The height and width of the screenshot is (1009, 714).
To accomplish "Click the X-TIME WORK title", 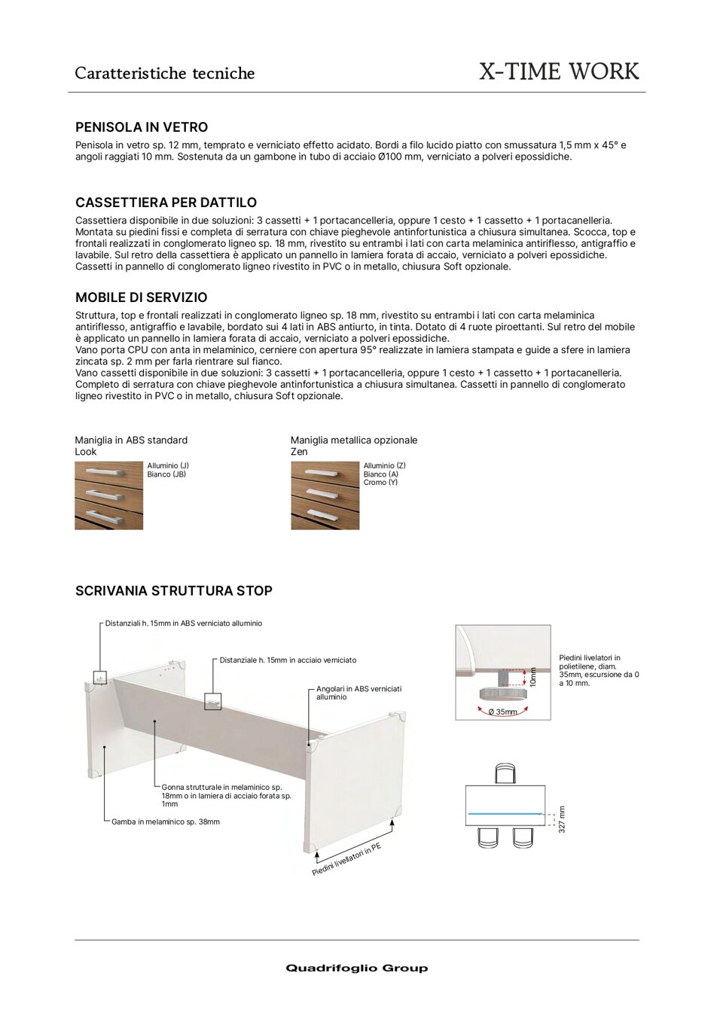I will coord(559,72).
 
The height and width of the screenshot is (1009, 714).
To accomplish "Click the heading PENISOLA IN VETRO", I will coord(142,127).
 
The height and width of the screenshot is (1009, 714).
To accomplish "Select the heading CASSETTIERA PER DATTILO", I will coord(166,203).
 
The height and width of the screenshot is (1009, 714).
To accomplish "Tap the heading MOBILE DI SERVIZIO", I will coord(142,297).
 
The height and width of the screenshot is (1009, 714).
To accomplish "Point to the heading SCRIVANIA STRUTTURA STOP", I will coord(174,591).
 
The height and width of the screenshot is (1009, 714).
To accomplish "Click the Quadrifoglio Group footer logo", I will coord(356,968).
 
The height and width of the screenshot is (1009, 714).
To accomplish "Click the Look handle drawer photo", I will coord(108,495).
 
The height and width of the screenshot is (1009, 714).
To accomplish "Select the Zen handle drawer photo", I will coord(325,495).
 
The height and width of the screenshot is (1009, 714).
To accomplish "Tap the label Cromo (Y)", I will coord(380,483).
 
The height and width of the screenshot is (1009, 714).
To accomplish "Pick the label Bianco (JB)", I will coord(166,474).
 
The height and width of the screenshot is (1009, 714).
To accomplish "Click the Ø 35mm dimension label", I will coord(502,712).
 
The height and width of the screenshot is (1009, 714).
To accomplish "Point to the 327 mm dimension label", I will coord(562,819).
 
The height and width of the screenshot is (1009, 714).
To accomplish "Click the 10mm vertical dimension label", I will coord(533,676).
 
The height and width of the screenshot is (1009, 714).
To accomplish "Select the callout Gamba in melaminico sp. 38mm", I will coord(165,822).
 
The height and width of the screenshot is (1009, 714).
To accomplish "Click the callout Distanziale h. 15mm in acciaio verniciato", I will coord(288,660).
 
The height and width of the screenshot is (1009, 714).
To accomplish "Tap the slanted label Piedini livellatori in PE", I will coord(346,860).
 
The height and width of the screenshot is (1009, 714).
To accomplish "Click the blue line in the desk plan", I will coord(504,815).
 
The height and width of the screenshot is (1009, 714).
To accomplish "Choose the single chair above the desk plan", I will coord(505,774).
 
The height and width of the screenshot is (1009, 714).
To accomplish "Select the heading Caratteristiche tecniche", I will coord(165,73).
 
